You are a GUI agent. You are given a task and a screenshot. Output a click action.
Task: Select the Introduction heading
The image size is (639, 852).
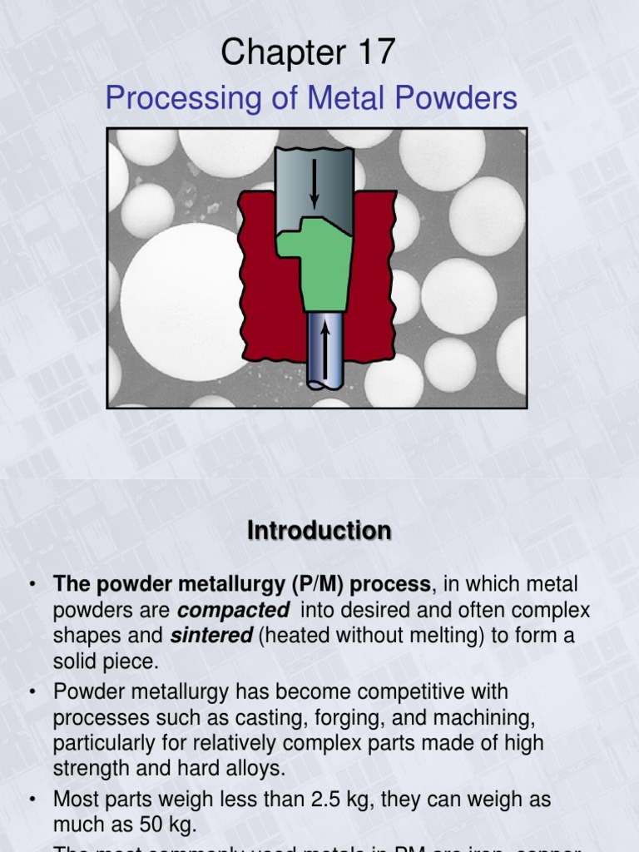click(319, 531)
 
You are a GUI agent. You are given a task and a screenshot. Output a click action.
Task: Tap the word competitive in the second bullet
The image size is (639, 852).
click(407, 691)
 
